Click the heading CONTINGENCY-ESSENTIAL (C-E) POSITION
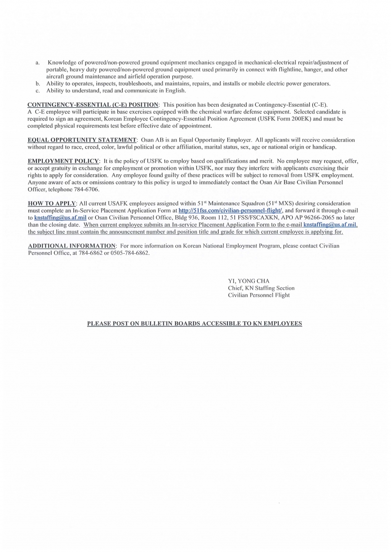click(x=93, y=105)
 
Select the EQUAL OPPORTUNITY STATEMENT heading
click(x=82, y=140)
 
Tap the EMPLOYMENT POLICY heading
click(x=63, y=161)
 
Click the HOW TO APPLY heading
click(x=52, y=203)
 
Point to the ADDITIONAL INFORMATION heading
click(x=72, y=246)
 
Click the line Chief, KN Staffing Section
click(x=261, y=288)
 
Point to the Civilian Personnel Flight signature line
click(x=259, y=295)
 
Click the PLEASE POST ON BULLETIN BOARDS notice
click(x=195, y=324)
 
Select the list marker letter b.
click(x=38, y=84)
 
